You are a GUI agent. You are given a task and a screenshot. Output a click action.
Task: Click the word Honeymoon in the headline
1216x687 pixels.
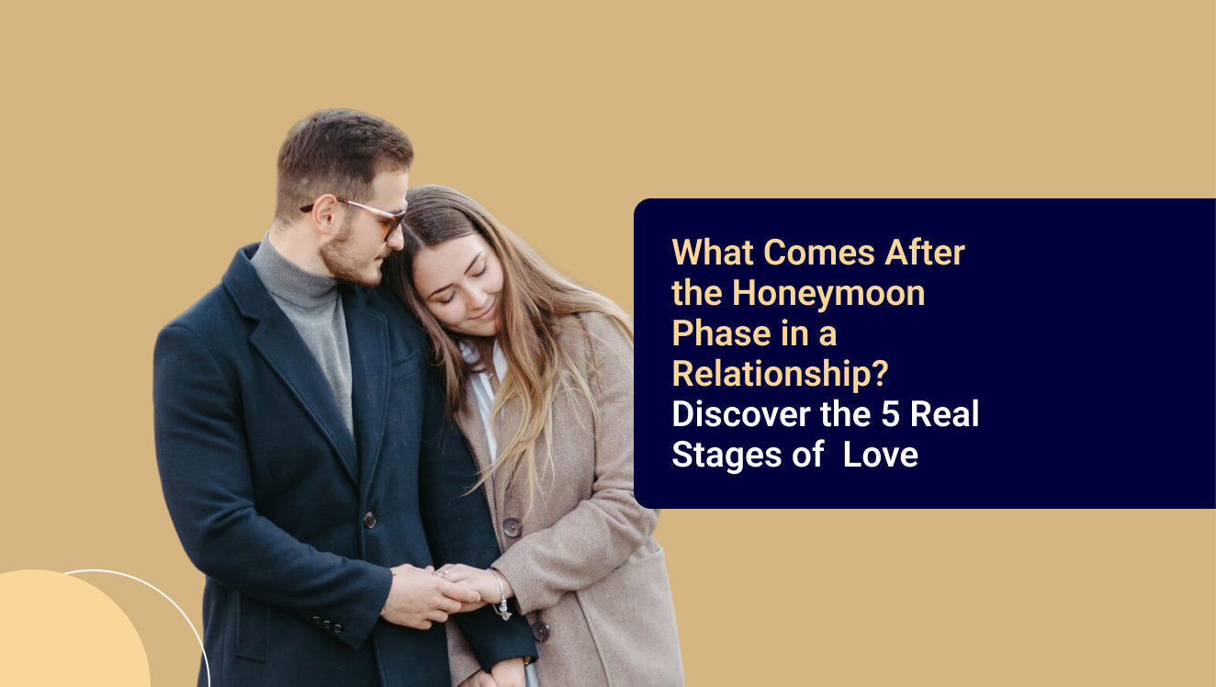tap(828, 294)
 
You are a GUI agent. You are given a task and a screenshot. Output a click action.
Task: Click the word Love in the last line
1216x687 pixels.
tap(881, 455)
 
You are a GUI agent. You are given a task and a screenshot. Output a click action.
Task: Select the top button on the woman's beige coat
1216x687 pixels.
tap(512, 527)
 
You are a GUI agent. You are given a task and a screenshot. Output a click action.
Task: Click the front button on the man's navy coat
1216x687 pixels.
tap(369, 520)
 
